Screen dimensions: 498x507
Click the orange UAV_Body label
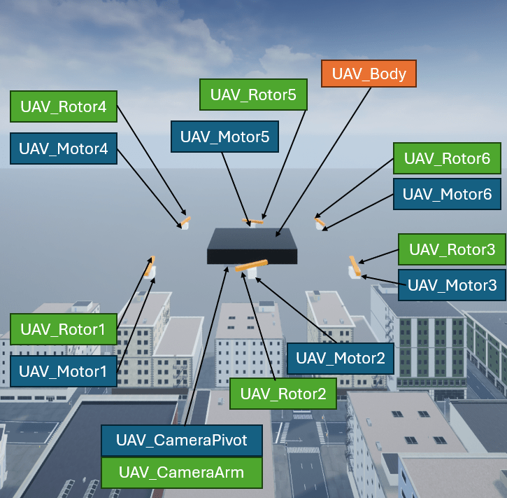pyautogui.click(x=369, y=74)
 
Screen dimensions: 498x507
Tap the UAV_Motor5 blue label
pyautogui.click(x=224, y=136)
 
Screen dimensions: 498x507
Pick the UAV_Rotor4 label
pyautogui.click(x=63, y=107)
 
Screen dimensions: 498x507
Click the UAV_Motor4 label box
pyautogui.click(x=62, y=148)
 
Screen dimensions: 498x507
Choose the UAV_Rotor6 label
pyautogui.click(x=447, y=158)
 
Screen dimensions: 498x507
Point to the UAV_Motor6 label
pyautogui.click(x=447, y=193)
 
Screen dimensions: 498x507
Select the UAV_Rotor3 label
pyautogui.click(x=452, y=249)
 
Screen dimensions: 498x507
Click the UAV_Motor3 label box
pyautogui.click(x=452, y=285)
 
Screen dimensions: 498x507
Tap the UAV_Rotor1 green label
pyautogui.click(x=63, y=328)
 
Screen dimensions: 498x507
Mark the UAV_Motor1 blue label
pyautogui.click(x=63, y=371)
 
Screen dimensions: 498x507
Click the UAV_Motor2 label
pyautogui.click(x=340, y=358)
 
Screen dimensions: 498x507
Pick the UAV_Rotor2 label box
pyautogui.click(x=283, y=393)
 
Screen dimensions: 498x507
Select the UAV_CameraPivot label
pyautogui.click(x=182, y=441)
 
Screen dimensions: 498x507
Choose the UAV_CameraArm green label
pyautogui.click(x=182, y=473)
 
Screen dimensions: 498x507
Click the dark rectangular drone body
pyautogui.click(x=252, y=246)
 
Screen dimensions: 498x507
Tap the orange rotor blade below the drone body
pyautogui.click(x=252, y=265)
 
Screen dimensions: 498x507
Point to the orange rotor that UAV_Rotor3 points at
pyautogui.click(x=355, y=265)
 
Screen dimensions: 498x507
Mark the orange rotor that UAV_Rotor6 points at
pyautogui.click(x=320, y=222)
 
